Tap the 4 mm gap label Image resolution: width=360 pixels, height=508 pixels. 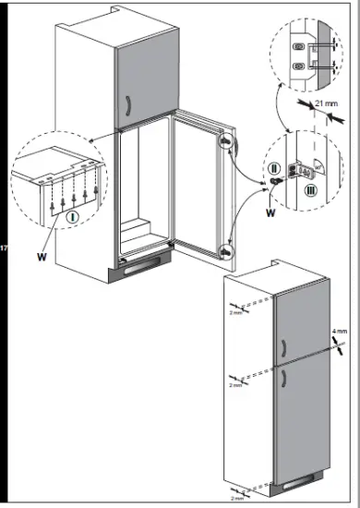pyautogui.click(x=341, y=331)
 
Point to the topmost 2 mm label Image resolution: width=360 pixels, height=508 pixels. pyautogui.click(x=235, y=312)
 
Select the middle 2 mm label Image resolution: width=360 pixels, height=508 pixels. pyautogui.click(x=235, y=384)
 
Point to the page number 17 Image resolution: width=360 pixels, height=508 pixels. pyautogui.click(x=6, y=250)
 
